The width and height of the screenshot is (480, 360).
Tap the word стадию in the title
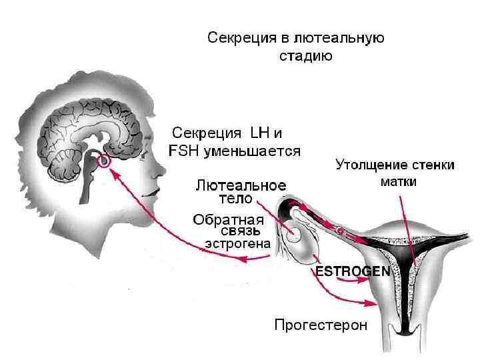point(304,56)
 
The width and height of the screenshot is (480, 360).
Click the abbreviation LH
point(259,132)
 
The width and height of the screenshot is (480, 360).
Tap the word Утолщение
point(369,165)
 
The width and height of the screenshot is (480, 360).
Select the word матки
point(398,181)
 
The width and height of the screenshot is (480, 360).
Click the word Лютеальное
point(241,185)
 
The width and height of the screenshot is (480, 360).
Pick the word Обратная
point(228,219)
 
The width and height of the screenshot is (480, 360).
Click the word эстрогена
point(237,244)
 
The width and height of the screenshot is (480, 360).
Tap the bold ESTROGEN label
point(343,272)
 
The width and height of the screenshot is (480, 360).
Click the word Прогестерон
point(321,326)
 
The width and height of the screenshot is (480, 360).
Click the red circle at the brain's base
point(103,161)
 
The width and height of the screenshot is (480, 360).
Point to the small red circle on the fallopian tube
point(339,231)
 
